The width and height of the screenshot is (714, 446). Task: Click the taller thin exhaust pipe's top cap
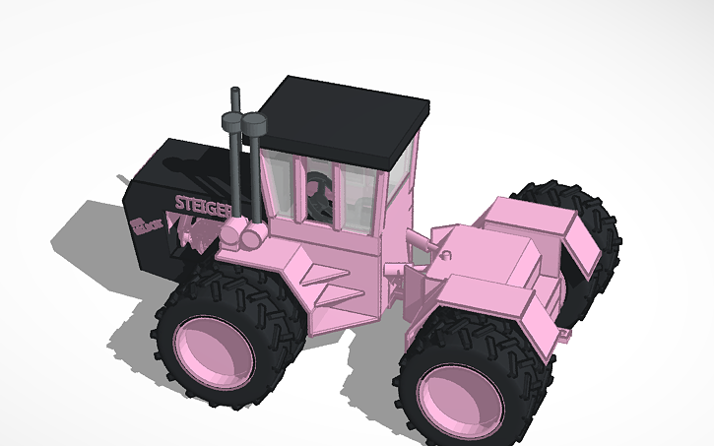(x=235, y=94)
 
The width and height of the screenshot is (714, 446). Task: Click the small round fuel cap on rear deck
(x=446, y=255)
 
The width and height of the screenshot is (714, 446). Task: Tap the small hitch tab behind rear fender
(x=565, y=336)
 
